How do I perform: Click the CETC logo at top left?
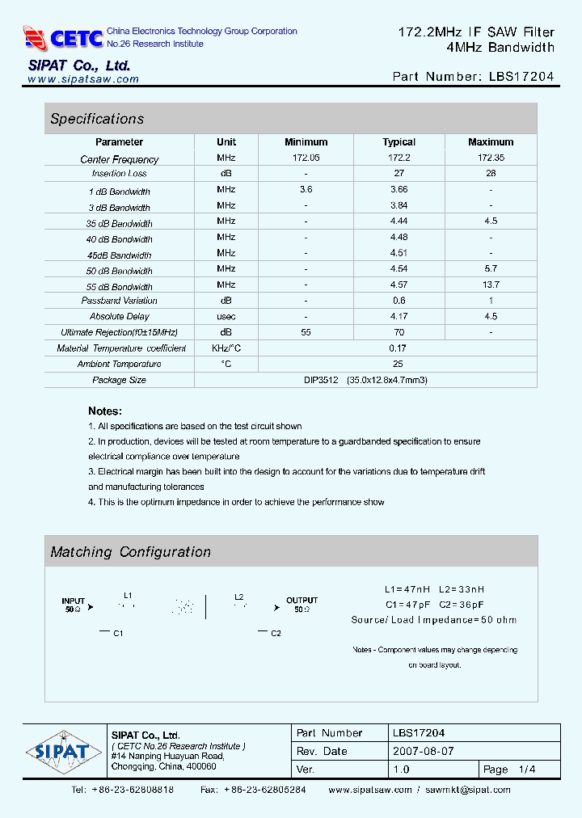click(x=63, y=38)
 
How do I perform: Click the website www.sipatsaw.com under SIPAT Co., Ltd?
click(x=83, y=79)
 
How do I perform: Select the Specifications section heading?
click(x=97, y=119)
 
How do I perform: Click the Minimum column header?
click(x=306, y=142)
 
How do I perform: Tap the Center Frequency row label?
click(x=120, y=159)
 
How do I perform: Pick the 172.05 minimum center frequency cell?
click(x=306, y=158)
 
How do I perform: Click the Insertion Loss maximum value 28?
click(x=491, y=174)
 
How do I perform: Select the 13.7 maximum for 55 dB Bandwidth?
click(x=491, y=285)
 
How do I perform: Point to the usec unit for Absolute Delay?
click(x=226, y=316)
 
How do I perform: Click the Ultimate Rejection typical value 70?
click(x=399, y=332)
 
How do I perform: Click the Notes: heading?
click(x=105, y=411)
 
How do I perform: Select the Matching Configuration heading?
click(x=131, y=552)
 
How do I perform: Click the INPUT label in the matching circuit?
click(x=74, y=601)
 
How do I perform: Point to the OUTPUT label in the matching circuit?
click(x=302, y=601)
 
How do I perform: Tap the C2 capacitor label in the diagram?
click(x=276, y=633)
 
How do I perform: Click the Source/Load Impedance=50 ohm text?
click(x=434, y=620)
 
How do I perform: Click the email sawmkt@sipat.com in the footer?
click(x=468, y=790)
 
